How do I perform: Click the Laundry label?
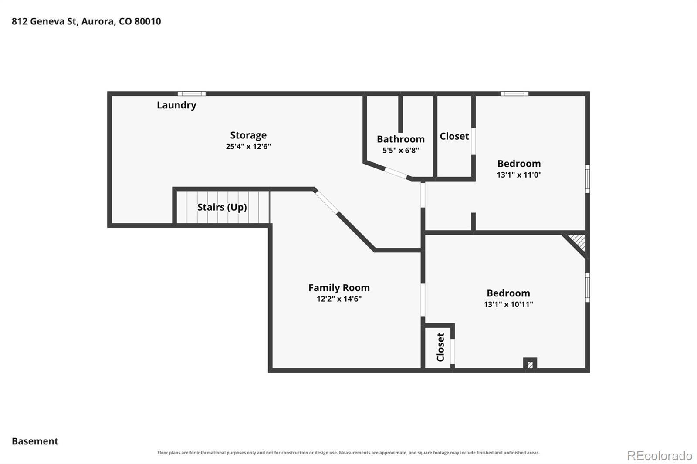[176, 105]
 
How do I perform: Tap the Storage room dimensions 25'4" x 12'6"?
[248, 147]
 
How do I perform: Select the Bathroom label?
[401, 139]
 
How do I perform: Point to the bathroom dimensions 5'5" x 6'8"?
[401, 151]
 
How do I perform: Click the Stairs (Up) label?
[222, 207]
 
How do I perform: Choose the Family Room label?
[339, 288]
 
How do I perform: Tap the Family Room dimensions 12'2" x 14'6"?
[339, 299]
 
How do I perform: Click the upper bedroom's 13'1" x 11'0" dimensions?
[519, 175]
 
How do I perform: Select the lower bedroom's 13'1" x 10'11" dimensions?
[508, 304]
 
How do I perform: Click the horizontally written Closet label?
[454, 136]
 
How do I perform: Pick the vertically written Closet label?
[440, 347]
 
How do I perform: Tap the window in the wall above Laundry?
[192, 94]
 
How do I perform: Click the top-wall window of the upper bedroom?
[514, 94]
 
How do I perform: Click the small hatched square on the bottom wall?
[530, 364]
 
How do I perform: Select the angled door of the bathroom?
[396, 173]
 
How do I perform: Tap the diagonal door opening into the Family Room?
[326, 202]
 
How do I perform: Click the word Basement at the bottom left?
[35, 441]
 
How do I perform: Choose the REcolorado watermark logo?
[660, 456]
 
